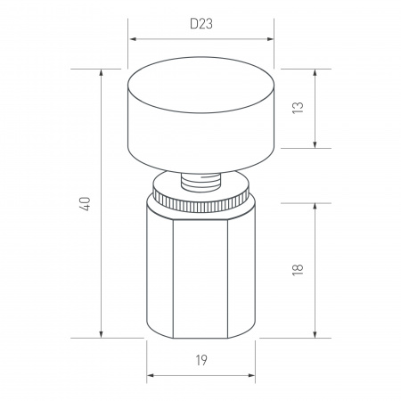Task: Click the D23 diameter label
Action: click(x=200, y=24)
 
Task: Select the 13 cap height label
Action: click(x=298, y=108)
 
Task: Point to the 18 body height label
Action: click(x=298, y=269)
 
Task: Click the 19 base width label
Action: click(x=200, y=360)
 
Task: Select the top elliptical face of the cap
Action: click(x=200, y=86)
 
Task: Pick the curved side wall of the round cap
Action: click(x=200, y=143)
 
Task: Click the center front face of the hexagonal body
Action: click(x=200, y=276)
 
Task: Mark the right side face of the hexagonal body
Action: click(x=244, y=272)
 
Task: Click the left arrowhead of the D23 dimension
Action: click(x=133, y=39)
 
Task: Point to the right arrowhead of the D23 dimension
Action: click(x=268, y=39)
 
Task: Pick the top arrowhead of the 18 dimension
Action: click(x=315, y=204)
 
